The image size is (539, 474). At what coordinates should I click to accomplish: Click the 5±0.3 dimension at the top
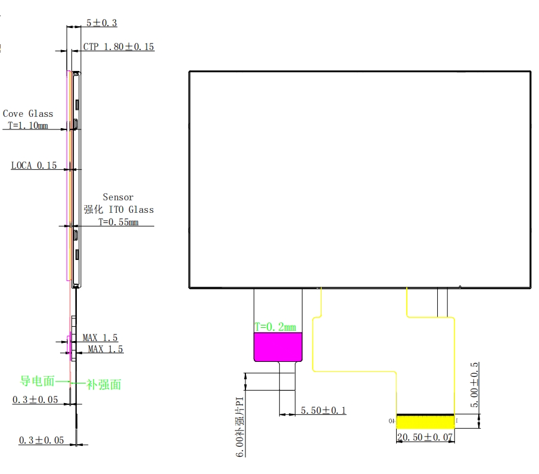click(x=101, y=23)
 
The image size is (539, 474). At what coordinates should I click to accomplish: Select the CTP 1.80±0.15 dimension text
click(x=119, y=47)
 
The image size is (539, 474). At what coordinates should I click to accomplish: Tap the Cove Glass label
click(x=28, y=113)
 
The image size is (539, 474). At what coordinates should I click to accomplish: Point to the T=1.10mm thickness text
click(x=28, y=126)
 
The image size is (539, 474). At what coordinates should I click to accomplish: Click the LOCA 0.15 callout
click(x=34, y=166)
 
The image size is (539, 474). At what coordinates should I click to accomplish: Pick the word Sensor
click(x=118, y=197)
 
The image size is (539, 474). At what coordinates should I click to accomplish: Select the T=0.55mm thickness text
click(x=118, y=222)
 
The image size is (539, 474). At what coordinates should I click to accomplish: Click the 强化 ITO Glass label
click(x=118, y=209)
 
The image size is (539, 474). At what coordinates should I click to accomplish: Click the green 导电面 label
click(x=38, y=381)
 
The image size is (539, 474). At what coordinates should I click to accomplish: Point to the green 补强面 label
click(x=104, y=385)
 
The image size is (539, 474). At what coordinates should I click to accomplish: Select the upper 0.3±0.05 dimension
click(x=36, y=399)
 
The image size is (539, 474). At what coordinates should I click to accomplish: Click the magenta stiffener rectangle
click(x=278, y=347)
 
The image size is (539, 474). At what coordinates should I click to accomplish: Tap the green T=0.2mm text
click(x=275, y=327)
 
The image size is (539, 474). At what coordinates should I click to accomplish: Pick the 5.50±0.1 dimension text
click(x=323, y=410)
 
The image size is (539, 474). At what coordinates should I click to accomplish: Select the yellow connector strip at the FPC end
click(x=425, y=422)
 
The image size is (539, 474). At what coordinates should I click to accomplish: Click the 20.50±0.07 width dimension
click(x=425, y=438)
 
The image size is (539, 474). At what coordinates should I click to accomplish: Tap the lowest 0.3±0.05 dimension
click(x=41, y=440)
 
